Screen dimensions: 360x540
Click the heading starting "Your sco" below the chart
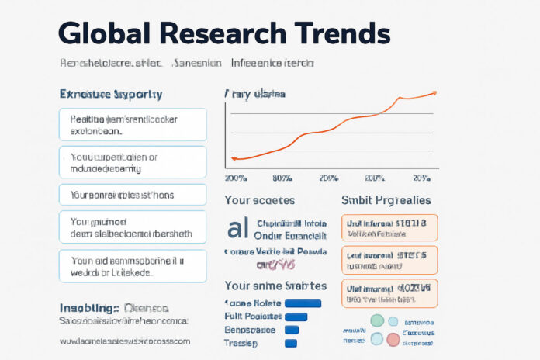click(259, 199)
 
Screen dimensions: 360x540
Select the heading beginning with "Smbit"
click(386, 199)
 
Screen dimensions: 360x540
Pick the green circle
click(378, 320)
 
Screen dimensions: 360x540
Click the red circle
click(393, 337)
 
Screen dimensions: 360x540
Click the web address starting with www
click(124, 341)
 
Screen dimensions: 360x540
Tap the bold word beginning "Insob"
click(86, 306)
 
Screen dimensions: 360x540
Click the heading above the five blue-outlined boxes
click(111, 94)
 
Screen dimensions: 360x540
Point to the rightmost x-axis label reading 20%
click(423, 178)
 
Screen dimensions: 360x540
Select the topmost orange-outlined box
click(389, 227)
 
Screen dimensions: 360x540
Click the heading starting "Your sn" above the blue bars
click(275, 286)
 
